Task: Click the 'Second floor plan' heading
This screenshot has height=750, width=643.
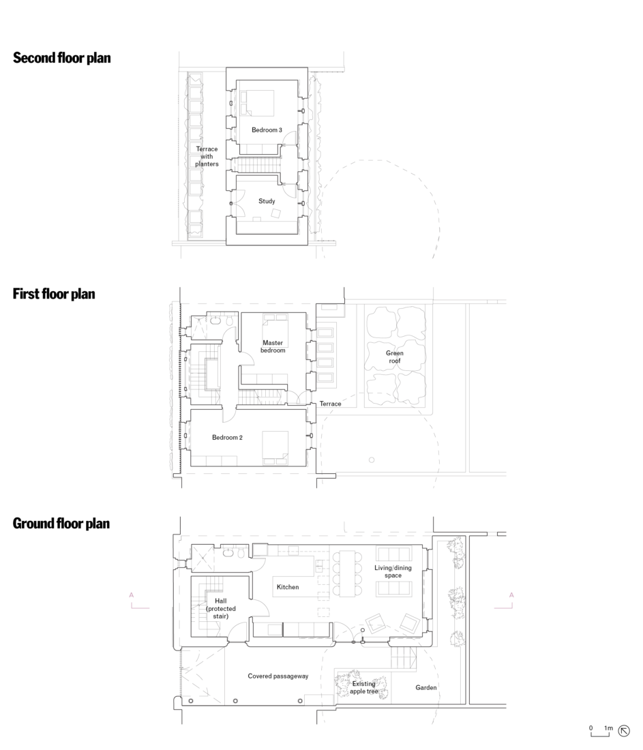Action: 61,58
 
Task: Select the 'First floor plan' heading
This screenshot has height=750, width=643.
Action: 54,294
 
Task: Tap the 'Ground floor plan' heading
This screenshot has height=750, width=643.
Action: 61,524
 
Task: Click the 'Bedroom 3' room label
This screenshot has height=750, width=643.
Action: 267,130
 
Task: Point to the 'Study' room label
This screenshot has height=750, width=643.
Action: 267,201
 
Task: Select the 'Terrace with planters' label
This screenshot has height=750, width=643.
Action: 207,156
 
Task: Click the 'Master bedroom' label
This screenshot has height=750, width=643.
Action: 273,346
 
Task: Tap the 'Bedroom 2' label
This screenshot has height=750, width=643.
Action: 226,437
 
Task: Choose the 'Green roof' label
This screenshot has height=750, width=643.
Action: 395,357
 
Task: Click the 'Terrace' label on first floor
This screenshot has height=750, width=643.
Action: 330,404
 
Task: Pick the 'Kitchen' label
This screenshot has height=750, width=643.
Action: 287,586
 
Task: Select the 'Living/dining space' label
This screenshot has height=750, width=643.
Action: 388,571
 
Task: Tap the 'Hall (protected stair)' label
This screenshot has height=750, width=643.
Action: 217,608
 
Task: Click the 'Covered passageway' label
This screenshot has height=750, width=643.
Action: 278,676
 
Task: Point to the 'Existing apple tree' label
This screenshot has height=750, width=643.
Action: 363,687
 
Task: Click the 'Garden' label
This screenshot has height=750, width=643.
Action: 426,688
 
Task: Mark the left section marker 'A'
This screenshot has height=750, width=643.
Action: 132,596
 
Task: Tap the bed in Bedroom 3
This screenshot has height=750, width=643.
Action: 256,102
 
